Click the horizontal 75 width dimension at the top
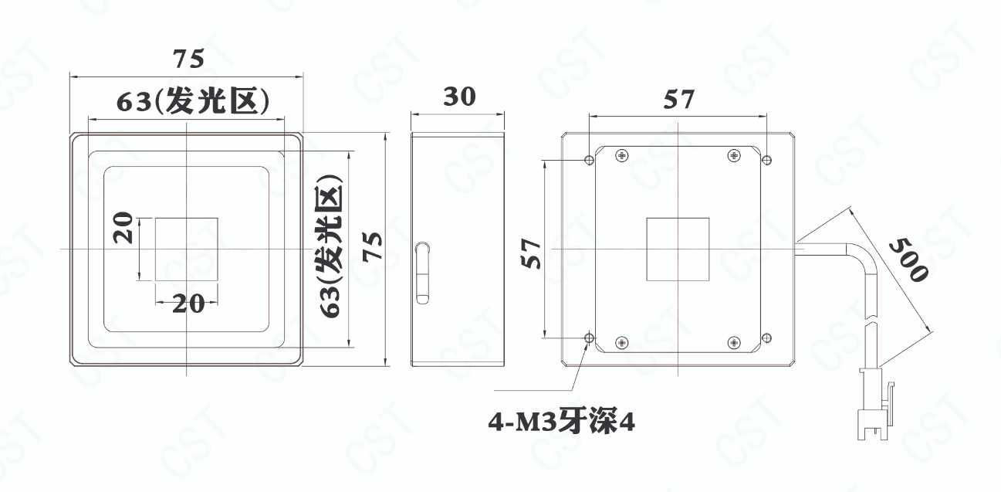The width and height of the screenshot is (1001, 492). pos(188,59)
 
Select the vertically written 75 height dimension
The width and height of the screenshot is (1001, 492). pos(372,246)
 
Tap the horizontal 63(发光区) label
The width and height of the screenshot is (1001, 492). pos(193,100)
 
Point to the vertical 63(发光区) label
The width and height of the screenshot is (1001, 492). pos(331,246)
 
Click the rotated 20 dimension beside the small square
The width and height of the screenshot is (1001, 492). pos(123,228)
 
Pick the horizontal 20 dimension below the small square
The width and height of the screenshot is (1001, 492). pos(188,304)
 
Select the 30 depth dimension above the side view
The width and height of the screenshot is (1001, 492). pos(459,97)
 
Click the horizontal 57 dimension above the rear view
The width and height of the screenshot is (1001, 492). pos(679,100)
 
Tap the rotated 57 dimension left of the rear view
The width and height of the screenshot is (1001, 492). pos(531,253)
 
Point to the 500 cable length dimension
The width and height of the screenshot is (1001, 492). pos(909,260)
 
